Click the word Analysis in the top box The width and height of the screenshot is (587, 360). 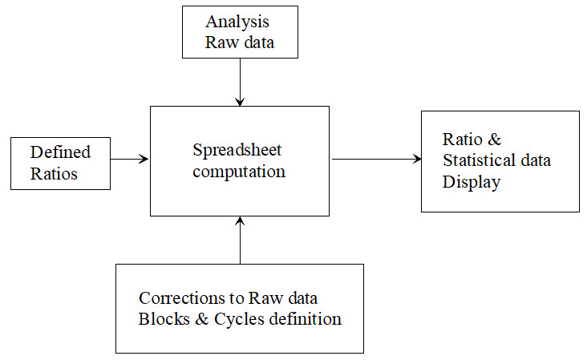[237, 22]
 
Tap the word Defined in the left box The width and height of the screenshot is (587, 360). [60, 152]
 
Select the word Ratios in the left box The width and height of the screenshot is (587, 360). [54, 174]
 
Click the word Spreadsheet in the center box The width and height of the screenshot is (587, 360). [237, 151]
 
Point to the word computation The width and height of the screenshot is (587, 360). [239, 172]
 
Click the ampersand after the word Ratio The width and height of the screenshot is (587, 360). [495, 140]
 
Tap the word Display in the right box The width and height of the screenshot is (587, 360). [472, 183]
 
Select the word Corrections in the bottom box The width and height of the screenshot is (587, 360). [182, 298]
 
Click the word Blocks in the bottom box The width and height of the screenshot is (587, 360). [164, 319]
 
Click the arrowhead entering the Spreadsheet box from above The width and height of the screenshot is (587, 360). [240, 101]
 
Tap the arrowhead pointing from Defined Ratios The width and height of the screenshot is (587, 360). [144, 159]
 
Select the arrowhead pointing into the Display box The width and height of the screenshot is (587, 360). [417, 159]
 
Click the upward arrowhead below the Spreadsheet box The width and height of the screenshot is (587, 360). [240, 220]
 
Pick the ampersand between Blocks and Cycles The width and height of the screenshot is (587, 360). [202, 319]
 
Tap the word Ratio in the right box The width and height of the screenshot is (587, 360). [463, 140]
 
